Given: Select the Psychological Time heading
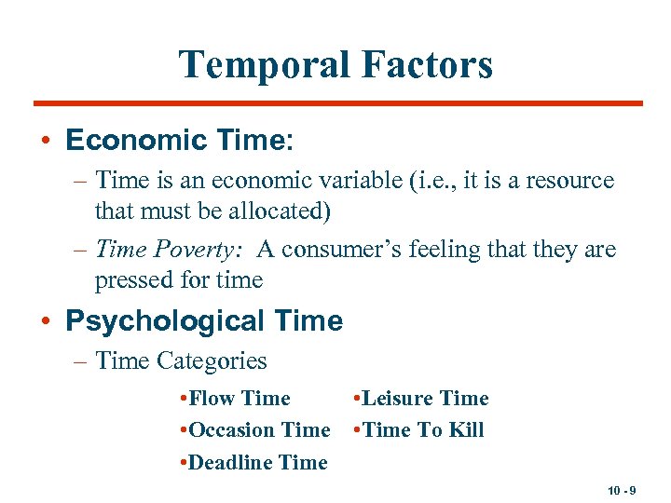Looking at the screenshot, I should click(204, 321).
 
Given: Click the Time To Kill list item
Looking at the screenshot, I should click(422, 430).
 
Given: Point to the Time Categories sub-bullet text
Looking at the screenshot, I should click(181, 361).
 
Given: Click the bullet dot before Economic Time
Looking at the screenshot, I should click(46, 142).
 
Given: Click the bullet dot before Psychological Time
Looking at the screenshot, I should click(46, 322).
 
